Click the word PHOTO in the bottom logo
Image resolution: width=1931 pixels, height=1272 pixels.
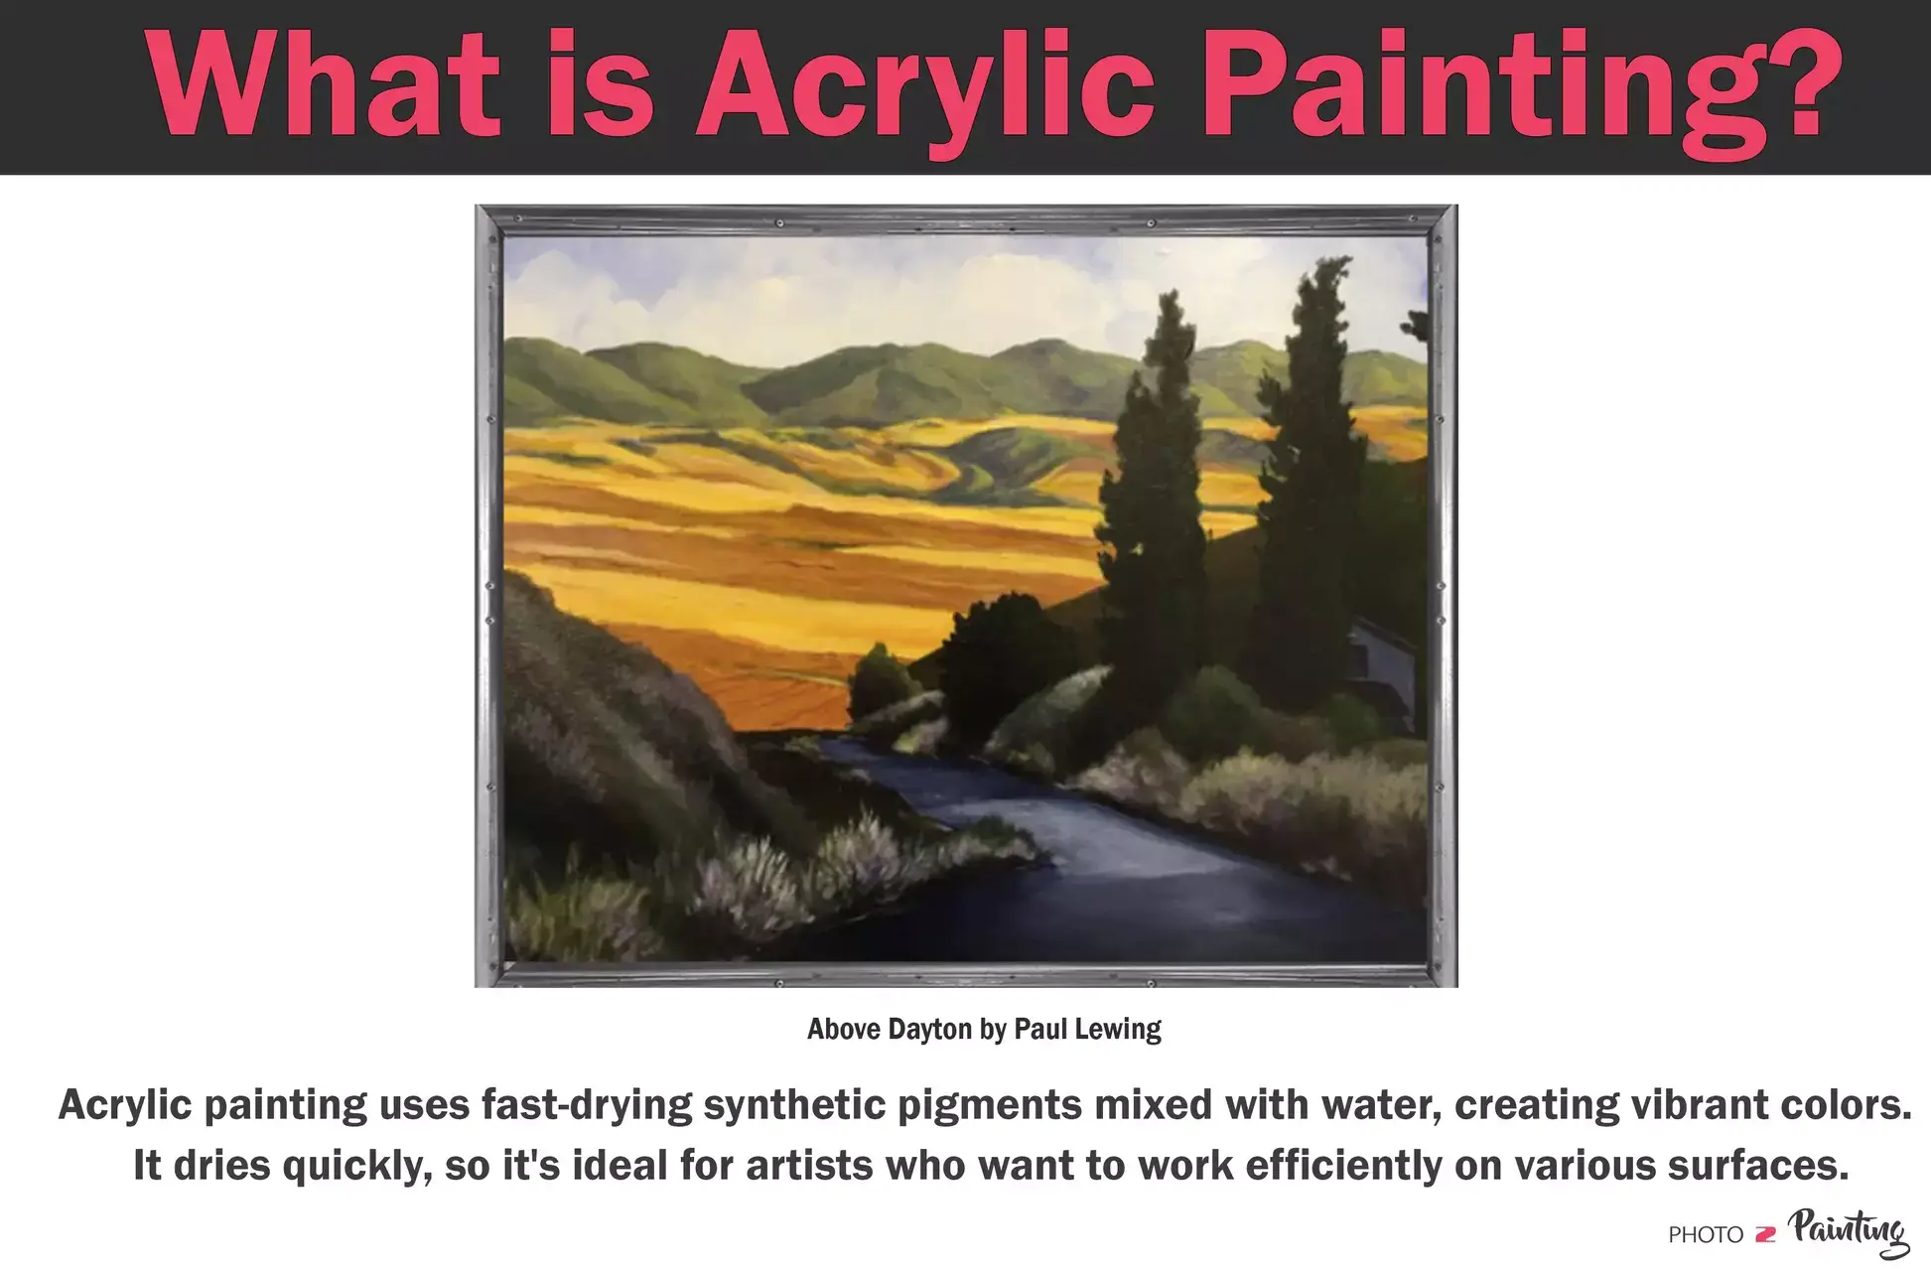[x=1706, y=1235]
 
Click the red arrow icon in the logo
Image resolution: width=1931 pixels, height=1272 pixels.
[x=1765, y=1235]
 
